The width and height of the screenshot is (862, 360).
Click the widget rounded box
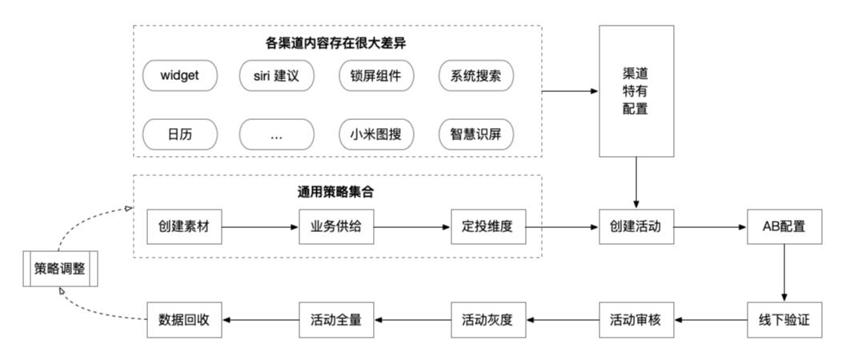[x=179, y=77]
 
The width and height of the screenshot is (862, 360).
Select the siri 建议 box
[x=277, y=77]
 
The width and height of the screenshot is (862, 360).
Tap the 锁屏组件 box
[x=376, y=77]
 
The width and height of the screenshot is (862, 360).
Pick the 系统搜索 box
[x=476, y=77]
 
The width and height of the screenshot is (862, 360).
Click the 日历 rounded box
[x=179, y=134]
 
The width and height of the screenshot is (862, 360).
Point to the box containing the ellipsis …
[x=277, y=134]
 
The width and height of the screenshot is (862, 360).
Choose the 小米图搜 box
[x=376, y=134]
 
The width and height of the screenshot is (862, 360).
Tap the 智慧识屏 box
[x=476, y=134]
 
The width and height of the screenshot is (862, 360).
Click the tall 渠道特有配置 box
[x=636, y=90]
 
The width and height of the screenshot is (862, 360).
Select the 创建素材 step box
[x=184, y=227]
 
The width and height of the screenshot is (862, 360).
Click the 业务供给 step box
[x=336, y=227]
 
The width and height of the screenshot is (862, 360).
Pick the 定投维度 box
[x=487, y=227]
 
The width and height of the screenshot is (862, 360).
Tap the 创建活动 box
[x=636, y=227]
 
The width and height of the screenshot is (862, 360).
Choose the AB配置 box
[x=784, y=227]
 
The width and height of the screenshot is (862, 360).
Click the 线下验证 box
[x=784, y=319]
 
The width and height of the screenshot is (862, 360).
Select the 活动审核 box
[x=636, y=319]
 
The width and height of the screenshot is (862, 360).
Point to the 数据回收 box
[x=184, y=319]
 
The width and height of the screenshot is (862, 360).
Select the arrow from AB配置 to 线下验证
[x=784, y=273]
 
